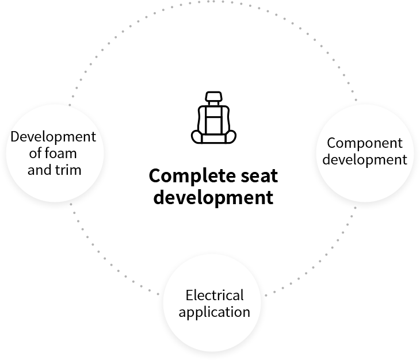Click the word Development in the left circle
[53, 137]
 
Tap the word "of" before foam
[36, 154]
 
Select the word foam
[60, 154]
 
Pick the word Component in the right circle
[365, 143]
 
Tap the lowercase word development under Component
[365, 159]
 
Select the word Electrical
[215, 296]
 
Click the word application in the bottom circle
[215, 312]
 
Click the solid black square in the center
[213, 117]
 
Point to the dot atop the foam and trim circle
[70, 105]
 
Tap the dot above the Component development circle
[356, 100]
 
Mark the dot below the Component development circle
[355, 208]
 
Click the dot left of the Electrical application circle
[158, 294]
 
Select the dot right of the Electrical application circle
[266, 296]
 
